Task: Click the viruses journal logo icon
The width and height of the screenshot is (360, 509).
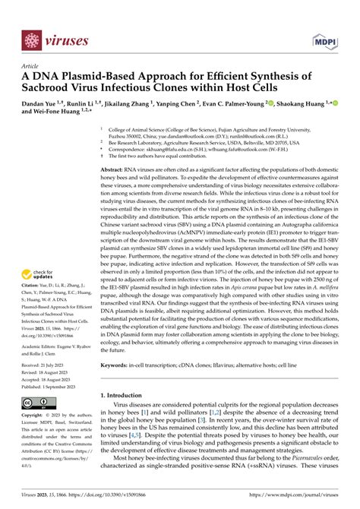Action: click(31, 40)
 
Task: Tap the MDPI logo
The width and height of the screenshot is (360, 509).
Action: click(324, 40)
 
